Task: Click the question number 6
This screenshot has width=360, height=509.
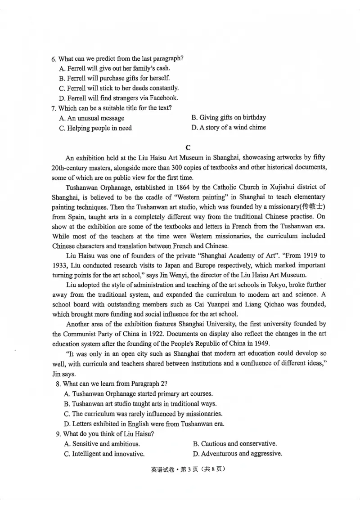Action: pyautogui.click(x=54, y=59)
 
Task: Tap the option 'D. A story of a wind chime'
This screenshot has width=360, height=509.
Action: pyautogui.click(x=228, y=128)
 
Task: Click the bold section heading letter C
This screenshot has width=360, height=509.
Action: pyautogui.click(x=188, y=147)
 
